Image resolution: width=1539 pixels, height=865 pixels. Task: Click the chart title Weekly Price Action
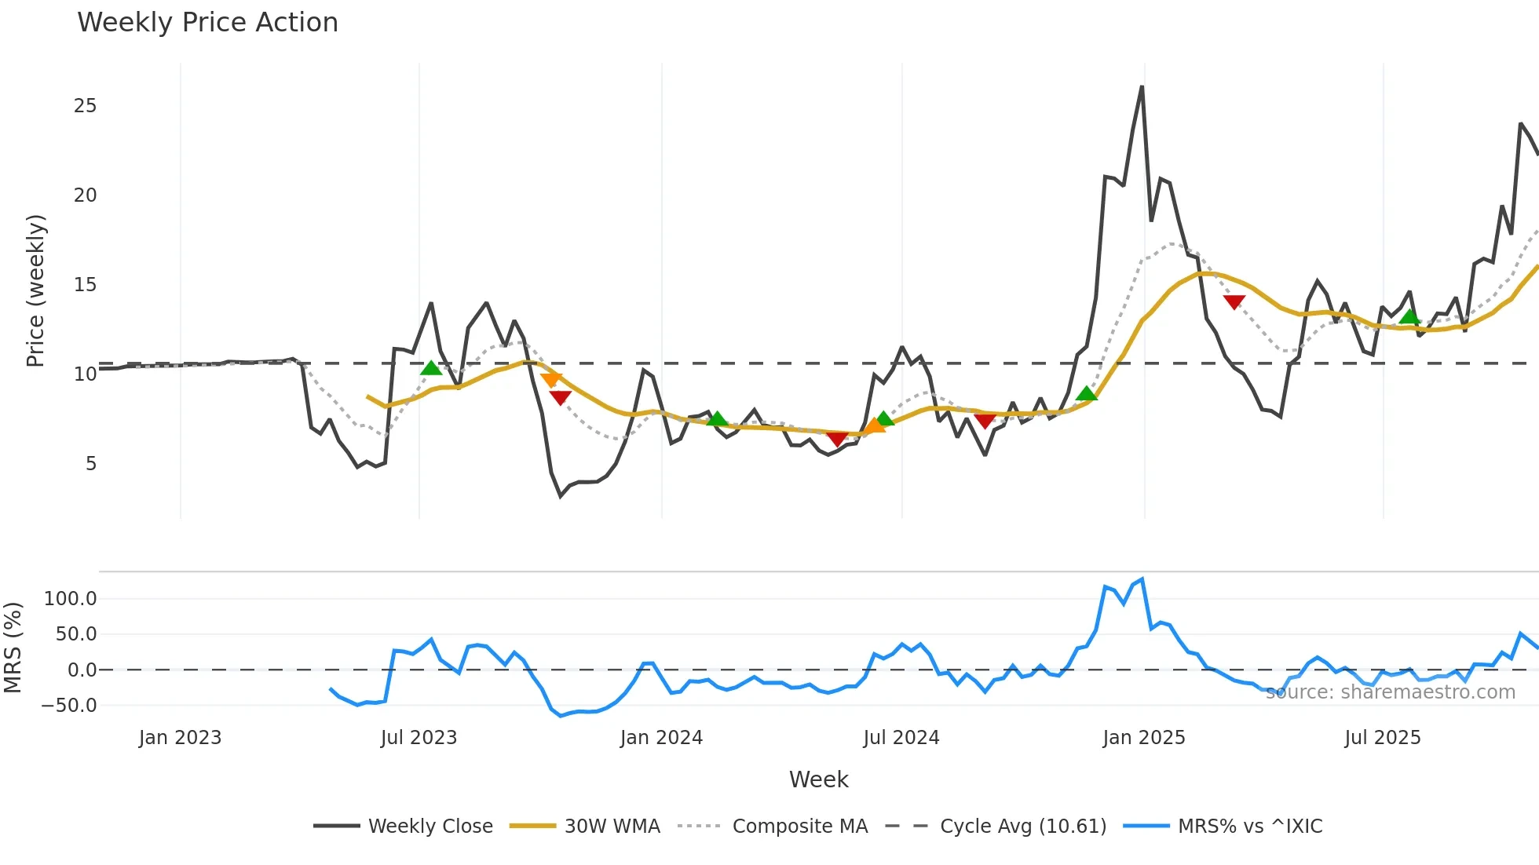click(x=207, y=23)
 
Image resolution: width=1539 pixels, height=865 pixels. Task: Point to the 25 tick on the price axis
click(x=85, y=106)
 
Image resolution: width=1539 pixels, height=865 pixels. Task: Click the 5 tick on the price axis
click(x=91, y=464)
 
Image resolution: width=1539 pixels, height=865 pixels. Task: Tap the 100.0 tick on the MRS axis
click(x=71, y=599)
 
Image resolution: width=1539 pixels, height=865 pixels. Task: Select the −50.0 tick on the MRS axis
click(x=69, y=706)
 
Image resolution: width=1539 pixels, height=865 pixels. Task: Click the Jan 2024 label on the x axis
click(x=661, y=738)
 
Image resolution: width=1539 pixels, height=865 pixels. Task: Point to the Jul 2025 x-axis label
click(x=1382, y=738)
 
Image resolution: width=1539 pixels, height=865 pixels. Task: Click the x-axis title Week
click(x=818, y=779)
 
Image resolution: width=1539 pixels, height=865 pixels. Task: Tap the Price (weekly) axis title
click(x=35, y=290)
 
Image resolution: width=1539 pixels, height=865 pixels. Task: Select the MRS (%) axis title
click(x=13, y=648)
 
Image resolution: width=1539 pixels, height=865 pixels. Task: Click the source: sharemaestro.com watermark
click(x=1390, y=692)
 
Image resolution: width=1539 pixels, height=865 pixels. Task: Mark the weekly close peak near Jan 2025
click(x=1142, y=87)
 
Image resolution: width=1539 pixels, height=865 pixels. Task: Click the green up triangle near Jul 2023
click(x=431, y=368)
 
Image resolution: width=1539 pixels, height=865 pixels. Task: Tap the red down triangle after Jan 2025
click(x=1234, y=302)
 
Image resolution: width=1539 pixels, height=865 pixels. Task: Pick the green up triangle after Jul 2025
click(x=1409, y=317)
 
